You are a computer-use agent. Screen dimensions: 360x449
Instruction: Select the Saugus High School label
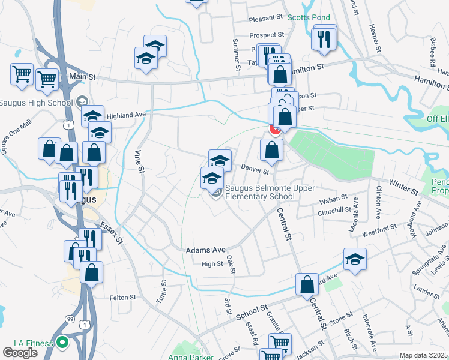tap(36, 102)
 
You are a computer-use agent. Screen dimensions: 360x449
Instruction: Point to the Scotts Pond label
tap(306, 17)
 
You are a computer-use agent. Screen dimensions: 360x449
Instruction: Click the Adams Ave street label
tap(205, 250)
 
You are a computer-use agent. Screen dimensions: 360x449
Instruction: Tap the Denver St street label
tap(255, 170)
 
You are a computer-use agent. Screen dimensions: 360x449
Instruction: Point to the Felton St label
tap(124, 297)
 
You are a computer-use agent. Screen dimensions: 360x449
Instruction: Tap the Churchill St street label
tap(335, 209)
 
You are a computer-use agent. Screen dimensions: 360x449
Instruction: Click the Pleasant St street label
tap(266, 19)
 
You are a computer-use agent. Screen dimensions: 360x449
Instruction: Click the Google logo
tap(20, 352)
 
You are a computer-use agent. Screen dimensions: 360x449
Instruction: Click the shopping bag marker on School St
tap(307, 284)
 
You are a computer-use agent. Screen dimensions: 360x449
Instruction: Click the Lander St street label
tap(427, 290)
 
